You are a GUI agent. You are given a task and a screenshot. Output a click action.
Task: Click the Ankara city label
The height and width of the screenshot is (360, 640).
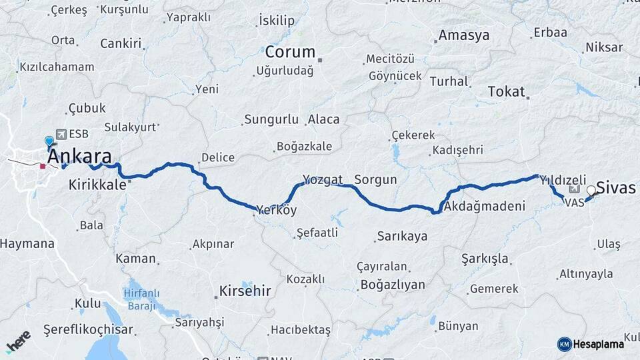coord(79,157)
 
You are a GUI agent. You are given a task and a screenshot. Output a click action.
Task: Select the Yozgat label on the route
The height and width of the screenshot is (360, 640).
coord(323,179)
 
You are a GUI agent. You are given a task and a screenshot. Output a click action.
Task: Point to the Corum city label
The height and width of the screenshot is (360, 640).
coord(290,52)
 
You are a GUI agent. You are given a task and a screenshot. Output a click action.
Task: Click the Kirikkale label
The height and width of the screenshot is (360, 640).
coord(97,185)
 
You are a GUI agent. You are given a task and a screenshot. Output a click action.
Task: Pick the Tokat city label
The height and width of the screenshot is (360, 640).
coord(507,92)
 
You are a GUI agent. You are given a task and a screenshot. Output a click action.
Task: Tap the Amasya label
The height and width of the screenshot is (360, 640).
coord(464,35)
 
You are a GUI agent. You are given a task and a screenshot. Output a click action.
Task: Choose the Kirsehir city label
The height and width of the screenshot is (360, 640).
coord(245,291)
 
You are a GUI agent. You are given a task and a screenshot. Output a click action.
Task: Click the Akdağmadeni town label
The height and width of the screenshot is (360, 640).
coord(485,206)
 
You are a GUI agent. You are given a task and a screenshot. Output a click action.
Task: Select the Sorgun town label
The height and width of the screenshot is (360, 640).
coord(375,179)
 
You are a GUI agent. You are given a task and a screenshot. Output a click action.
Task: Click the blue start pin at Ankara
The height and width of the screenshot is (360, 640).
coord(49,141)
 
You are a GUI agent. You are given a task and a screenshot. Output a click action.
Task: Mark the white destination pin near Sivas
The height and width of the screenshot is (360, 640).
coord(591,191)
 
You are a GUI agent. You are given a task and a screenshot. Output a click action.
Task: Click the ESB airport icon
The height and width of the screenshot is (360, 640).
coord(61,134)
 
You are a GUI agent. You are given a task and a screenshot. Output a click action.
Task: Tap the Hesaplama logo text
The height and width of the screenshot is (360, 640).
coord(598,344)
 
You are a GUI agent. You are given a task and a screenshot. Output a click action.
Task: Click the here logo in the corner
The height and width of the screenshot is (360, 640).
coord(18,342)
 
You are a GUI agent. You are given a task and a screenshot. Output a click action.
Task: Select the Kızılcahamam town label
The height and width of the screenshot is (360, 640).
coord(57,67)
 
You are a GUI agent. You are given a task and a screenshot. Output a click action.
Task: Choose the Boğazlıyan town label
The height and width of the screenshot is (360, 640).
coord(392,285)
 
